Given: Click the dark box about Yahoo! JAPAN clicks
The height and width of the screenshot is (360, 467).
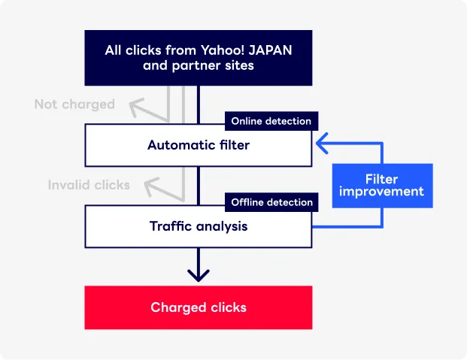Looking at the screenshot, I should click(x=198, y=58).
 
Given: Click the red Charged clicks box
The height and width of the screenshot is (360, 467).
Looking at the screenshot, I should click(x=198, y=307).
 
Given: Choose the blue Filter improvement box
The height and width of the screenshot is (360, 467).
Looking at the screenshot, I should click(x=381, y=186).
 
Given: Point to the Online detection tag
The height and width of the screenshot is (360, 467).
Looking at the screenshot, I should click(x=271, y=121).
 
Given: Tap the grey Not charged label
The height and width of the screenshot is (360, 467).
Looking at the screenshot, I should click(x=74, y=104).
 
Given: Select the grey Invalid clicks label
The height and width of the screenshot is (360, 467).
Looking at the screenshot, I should click(x=88, y=185).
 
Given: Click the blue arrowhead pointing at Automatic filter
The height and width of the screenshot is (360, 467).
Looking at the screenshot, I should click(x=322, y=141).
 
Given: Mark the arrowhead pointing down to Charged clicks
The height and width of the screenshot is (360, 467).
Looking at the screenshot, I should click(x=198, y=274).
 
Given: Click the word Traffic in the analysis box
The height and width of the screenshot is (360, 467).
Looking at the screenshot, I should click(x=172, y=226).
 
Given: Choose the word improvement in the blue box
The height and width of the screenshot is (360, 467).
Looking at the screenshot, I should click(x=381, y=192).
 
